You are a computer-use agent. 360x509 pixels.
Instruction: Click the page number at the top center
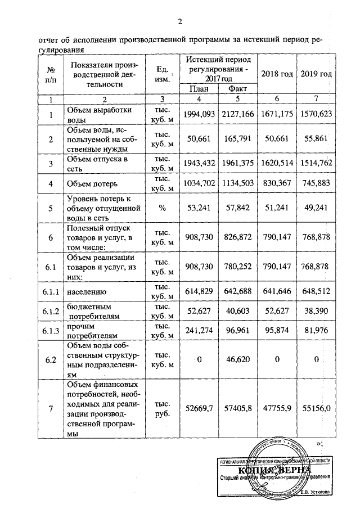coord(180,22)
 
